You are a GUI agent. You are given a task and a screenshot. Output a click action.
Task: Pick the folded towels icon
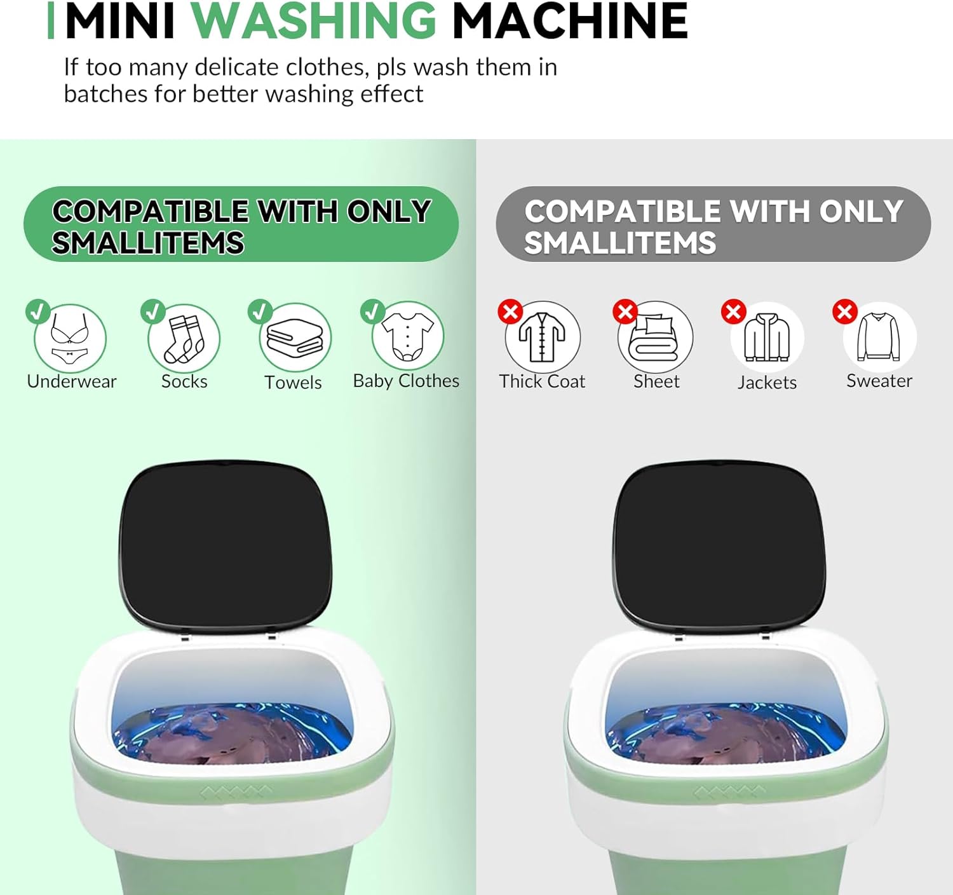coord(295,338)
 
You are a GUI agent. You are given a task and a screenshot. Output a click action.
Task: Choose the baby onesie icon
coord(408,337)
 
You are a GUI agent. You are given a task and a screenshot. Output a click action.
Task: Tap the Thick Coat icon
coord(543,337)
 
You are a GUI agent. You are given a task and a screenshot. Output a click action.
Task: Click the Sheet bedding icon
coord(655,337)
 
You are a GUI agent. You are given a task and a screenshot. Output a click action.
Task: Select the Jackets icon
coord(767,338)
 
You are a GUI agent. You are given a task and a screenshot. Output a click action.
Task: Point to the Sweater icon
coord(879,337)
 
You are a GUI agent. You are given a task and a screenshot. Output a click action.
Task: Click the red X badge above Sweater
coord(845,312)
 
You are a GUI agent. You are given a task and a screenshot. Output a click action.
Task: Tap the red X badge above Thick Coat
coord(510,312)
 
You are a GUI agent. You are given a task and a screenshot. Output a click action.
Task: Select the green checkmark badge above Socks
coord(152,311)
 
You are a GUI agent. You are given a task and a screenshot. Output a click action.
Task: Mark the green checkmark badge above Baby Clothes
coord(372,311)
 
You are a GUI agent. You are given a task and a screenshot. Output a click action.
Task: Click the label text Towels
coord(293,382)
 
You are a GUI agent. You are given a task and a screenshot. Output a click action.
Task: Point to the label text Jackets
coord(767,382)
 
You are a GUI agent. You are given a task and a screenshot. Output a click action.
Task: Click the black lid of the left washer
coord(226,545)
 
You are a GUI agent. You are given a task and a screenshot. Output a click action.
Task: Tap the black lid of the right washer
coord(719,545)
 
